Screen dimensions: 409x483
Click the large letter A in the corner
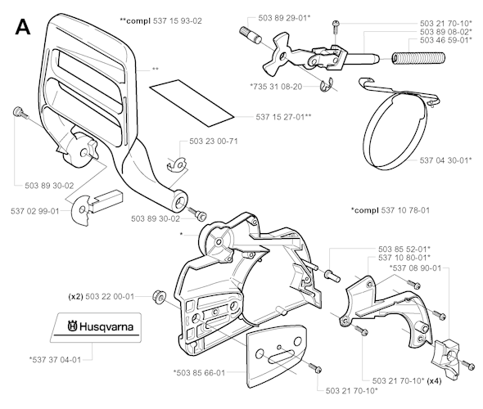click(24, 29)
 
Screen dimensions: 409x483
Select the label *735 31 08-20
click(276, 86)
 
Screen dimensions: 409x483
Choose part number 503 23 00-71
click(213, 142)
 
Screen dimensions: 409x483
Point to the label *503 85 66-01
click(209, 372)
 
